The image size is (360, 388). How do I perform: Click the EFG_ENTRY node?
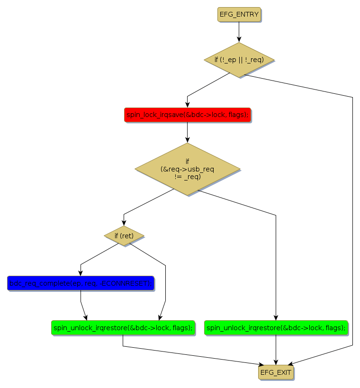point(239,15)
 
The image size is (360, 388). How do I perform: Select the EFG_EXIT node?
point(276,372)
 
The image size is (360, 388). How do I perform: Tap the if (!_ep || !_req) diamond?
point(239,60)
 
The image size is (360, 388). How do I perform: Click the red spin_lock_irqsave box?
point(187,115)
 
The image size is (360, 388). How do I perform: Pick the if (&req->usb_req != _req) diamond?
point(187,169)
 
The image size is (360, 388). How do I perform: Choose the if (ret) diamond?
point(124,235)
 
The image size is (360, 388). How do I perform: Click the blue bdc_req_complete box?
point(81,283)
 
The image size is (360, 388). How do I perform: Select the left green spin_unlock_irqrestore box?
point(123,327)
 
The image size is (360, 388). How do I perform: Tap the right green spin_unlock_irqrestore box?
point(276,327)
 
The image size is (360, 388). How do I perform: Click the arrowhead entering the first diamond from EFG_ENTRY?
point(239,40)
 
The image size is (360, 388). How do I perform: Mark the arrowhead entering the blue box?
point(81,273)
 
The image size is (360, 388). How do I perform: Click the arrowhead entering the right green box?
point(276,317)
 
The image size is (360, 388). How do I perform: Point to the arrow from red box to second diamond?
point(187,132)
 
